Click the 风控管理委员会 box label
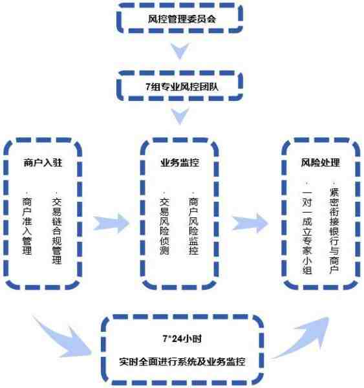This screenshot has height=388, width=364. [x=182, y=19]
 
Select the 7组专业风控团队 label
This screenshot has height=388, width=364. [x=182, y=87]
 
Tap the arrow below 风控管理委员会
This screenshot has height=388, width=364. [x=180, y=51]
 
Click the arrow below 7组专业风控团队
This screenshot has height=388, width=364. [x=180, y=116]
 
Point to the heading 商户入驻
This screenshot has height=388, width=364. [x=43, y=162]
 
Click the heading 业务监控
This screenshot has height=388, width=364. [x=180, y=162]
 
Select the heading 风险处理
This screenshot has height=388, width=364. [x=321, y=162]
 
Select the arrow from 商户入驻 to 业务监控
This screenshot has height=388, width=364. [x=111, y=224]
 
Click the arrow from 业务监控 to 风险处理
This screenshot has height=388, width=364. [x=250, y=223]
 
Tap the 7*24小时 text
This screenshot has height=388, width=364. [x=182, y=338]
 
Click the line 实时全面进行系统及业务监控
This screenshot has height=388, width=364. [x=182, y=361]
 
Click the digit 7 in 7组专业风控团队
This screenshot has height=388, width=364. [x=148, y=87]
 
